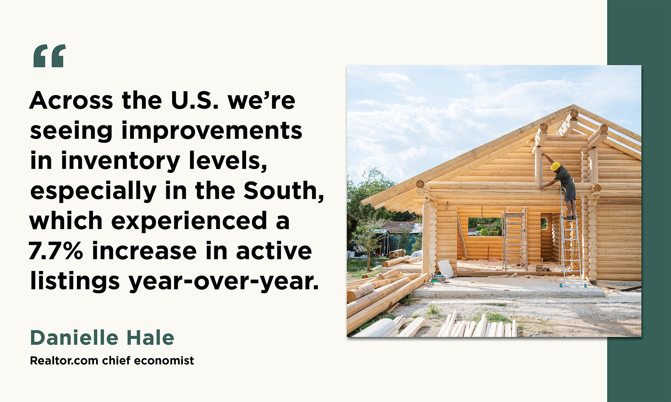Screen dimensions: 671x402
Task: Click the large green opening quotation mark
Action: pyautogui.click(x=49, y=56)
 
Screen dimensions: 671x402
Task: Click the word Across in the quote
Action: pyautogui.click(x=71, y=101)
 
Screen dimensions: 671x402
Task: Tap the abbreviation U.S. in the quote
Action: pyautogui.click(x=194, y=101)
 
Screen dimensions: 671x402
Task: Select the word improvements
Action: pyautogui.click(x=212, y=131)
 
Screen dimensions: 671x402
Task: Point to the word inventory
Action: pyautogui.click(x=120, y=161)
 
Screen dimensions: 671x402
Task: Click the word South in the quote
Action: pyautogui.click(x=283, y=191)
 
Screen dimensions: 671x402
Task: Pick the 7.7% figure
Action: pyautogui.click(x=56, y=251)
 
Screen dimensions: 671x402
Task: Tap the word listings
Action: pyautogui.click(x=74, y=282)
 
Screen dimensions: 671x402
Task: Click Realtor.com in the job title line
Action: pyautogui.click(x=64, y=361)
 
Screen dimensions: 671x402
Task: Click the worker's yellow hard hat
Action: pyautogui.click(x=556, y=166)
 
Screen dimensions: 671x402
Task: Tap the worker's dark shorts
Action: pyautogui.click(x=570, y=194)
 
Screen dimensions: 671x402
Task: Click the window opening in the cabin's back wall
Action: pyautogui.click(x=485, y=226)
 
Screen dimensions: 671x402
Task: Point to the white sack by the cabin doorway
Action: pyautogui.click(x=446, y=268)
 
